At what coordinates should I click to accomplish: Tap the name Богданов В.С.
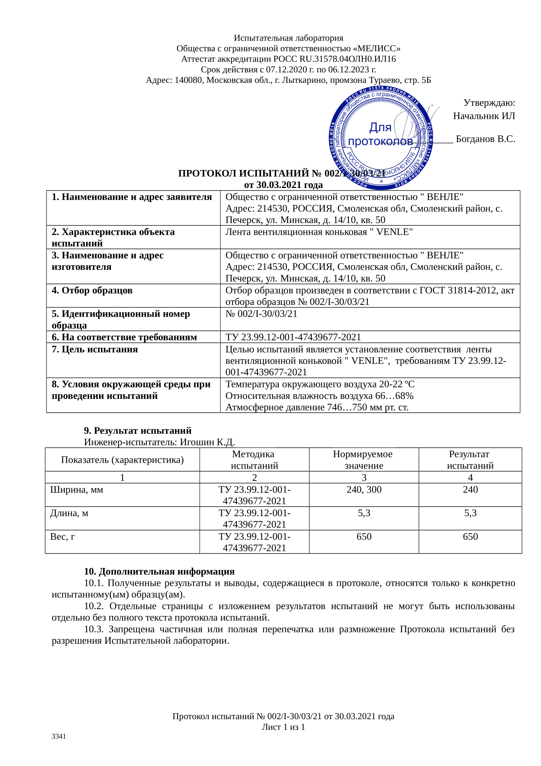click(485, 139)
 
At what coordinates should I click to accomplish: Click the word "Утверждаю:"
click(489, 103)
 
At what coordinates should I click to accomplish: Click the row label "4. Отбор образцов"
click(92, 290)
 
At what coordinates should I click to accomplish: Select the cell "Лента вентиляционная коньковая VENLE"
click(319, 232)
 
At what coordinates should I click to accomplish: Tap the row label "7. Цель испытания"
click(95, 349)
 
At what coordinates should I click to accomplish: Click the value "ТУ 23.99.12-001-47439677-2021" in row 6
click(293, 337)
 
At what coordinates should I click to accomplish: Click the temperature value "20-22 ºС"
click(398, 384)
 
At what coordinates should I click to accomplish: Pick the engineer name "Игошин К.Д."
click(207, 442)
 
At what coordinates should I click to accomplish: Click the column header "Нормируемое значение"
click(364, 459)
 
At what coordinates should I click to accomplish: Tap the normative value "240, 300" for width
click(364, 489)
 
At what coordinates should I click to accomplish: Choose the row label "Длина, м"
click(69, 513)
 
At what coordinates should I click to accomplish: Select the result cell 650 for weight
click(470, 536)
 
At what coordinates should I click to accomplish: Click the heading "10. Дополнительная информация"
click(159, 571)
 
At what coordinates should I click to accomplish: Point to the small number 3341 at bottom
click(59, 736)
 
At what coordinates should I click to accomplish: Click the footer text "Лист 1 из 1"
click(283, 727)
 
